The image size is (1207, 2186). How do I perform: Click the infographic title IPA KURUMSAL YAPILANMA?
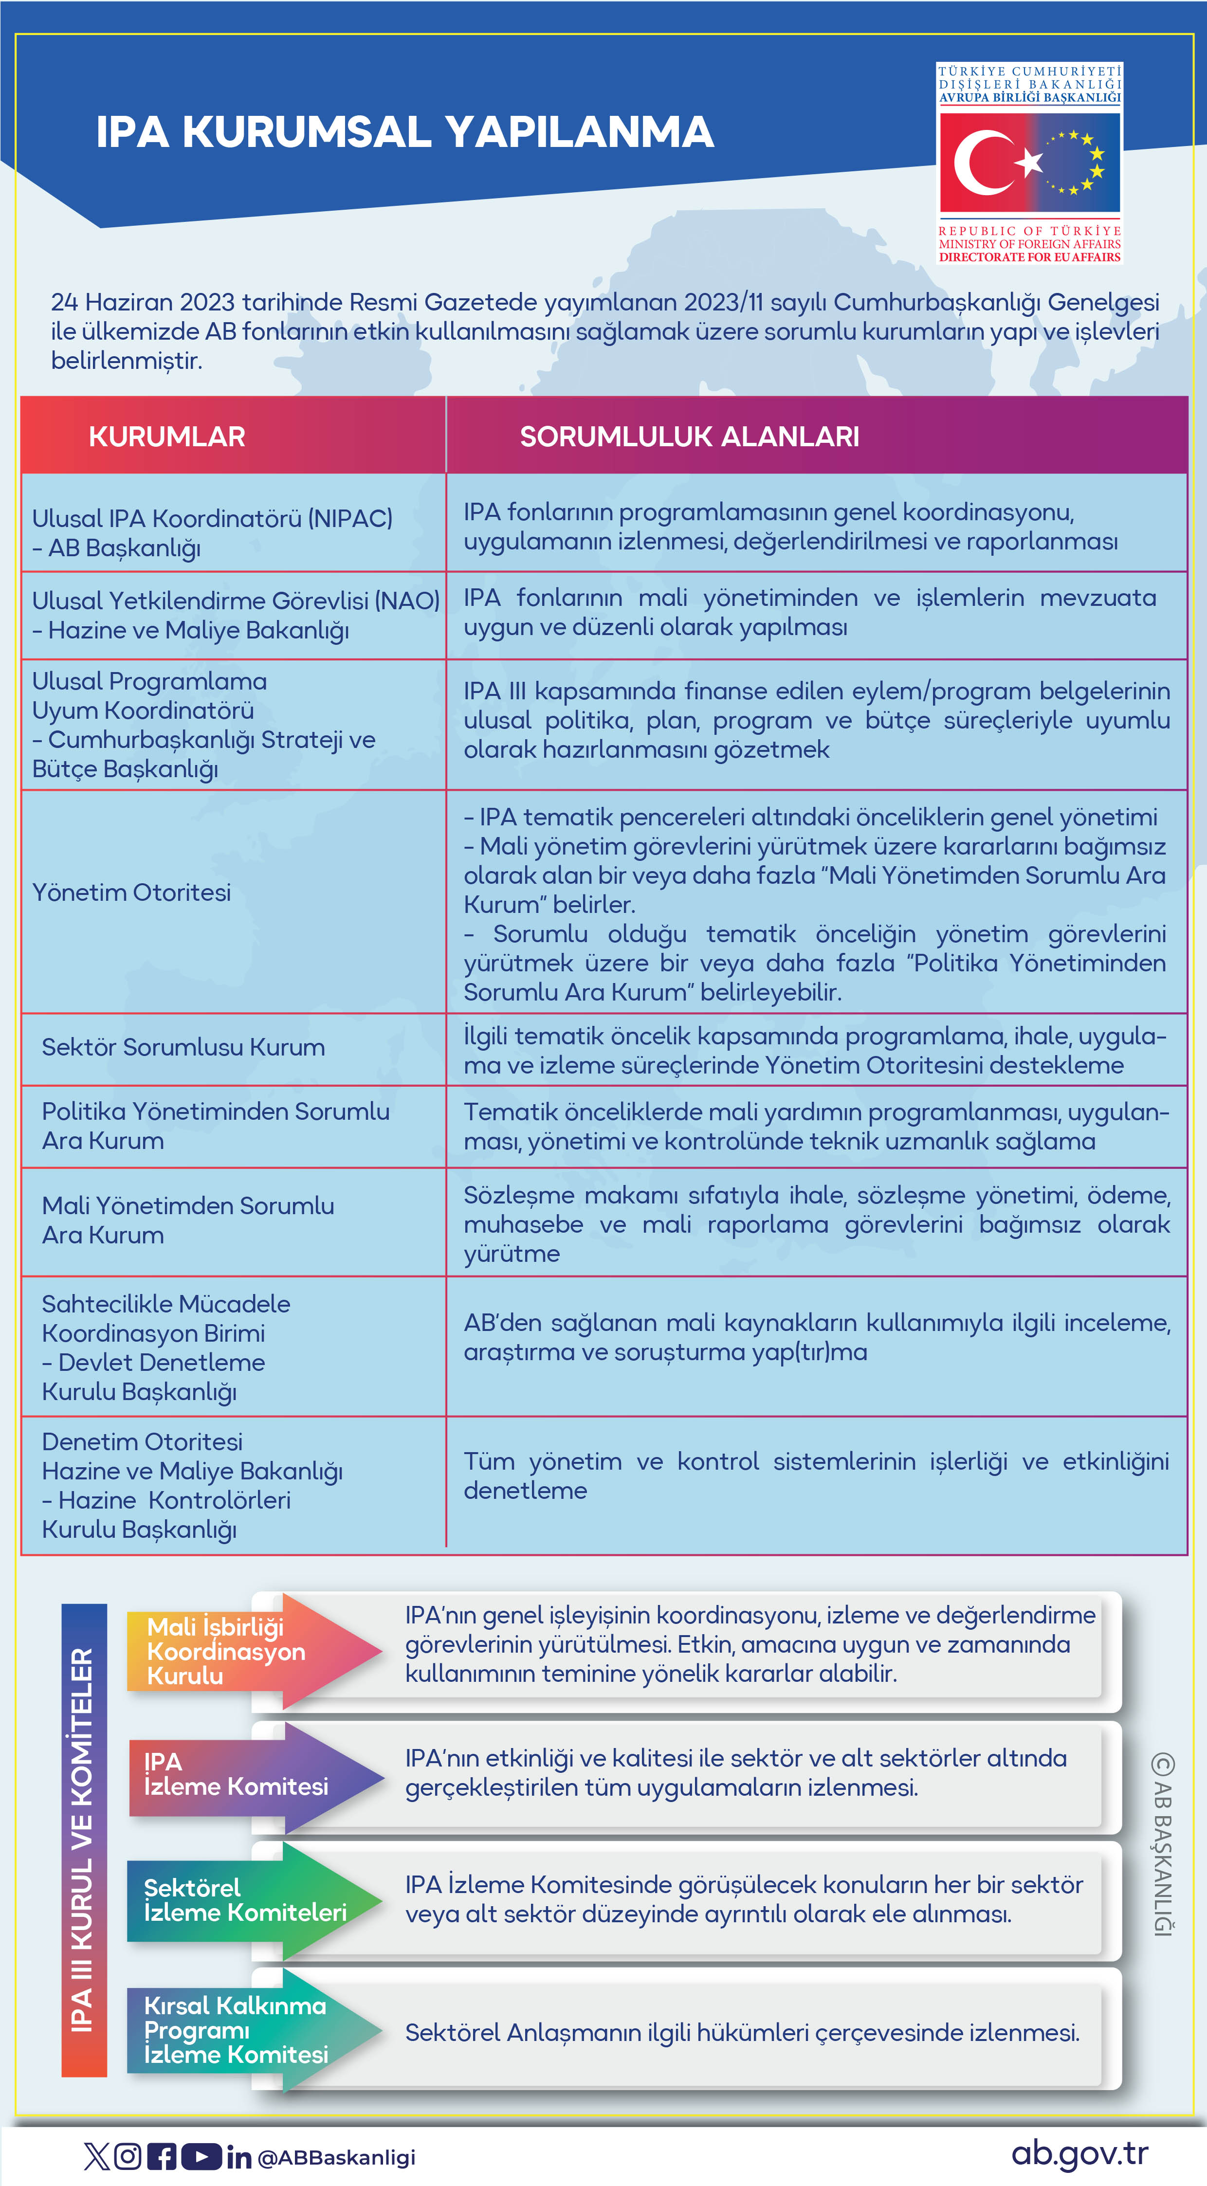click(x=405, y=132)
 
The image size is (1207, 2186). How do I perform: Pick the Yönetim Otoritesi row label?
click(x=131, y=893)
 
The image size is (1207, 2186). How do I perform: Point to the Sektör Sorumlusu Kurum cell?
click(x=183, y=1047)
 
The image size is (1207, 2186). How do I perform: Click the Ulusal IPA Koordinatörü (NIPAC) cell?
click(x=212, y=533)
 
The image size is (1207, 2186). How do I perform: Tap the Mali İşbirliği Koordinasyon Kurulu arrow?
click(x=246, y=1651)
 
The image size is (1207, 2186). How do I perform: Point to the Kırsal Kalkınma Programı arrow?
click(x=246, y=2030)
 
